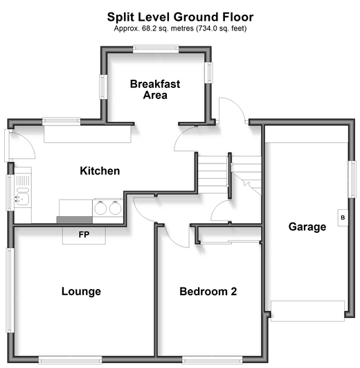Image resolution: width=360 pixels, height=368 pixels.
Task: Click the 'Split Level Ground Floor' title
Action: (180, 17)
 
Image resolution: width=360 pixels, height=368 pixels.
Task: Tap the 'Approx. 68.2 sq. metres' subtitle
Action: (180, 28)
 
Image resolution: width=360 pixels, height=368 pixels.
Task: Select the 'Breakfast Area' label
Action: (155, 89)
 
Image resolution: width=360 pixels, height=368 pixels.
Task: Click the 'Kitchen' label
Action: (100, 170)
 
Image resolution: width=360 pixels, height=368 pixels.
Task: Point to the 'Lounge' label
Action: (81, 291)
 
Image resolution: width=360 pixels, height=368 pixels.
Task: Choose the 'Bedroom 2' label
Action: (208, 292)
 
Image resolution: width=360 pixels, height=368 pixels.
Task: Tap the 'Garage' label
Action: (307, 227)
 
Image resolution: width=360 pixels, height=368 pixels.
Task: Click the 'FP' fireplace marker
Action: (84, 234)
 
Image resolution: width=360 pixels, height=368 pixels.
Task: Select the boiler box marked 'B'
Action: (343, 218)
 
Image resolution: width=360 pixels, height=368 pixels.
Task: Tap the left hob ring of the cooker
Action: (100, 208)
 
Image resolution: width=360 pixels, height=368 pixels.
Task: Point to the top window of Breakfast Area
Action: (156, 49)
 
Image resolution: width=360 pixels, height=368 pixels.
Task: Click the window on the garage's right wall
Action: (352, 179)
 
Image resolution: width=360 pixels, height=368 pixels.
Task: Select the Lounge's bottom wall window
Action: (71, 360)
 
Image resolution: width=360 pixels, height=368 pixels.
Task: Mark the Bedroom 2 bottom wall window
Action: (213, 360)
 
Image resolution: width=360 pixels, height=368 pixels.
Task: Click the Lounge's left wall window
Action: (10, 290)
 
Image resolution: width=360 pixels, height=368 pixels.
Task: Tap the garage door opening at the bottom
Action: (308, 310)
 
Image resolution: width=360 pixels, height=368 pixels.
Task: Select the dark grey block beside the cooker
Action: (75, 220)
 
